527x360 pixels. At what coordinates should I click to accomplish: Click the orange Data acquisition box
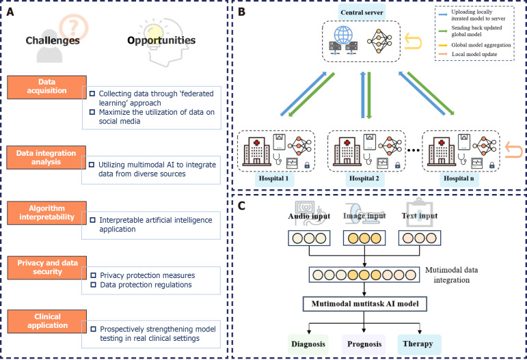(x=46, y=87)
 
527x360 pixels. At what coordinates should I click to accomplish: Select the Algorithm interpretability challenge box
(x=46, y=213)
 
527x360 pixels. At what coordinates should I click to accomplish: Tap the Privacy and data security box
(x=47, y=268)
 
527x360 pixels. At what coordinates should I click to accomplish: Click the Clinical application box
(x=47, y=321)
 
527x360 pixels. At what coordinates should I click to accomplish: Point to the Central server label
(x=362, y=12)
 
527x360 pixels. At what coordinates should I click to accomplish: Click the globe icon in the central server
(x=343, y=35)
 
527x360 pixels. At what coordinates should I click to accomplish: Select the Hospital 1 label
(x=273, y=178)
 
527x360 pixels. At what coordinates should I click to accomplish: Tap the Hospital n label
(x=459, y=178)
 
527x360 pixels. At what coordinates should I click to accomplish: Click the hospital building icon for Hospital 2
(x=347, y=151)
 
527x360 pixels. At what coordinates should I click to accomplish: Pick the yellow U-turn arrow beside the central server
(x=413, y=41)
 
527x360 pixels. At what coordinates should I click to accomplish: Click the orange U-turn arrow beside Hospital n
(x=513, y=150)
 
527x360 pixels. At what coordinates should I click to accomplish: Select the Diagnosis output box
(x=308, y=344)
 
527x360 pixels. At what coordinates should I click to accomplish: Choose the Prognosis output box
(x=364, y=344)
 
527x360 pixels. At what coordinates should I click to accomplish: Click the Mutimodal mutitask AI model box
(x=365, y=304)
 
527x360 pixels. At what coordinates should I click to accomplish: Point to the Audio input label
(x=309, y=216)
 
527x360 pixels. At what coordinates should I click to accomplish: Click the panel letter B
(x=241, y=12)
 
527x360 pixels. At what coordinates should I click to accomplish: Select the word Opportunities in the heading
(x=161, y=40)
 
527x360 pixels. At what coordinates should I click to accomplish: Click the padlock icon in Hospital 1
(x=307, y=165)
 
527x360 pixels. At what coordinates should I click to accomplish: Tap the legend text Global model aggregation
(x=481, y=45)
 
